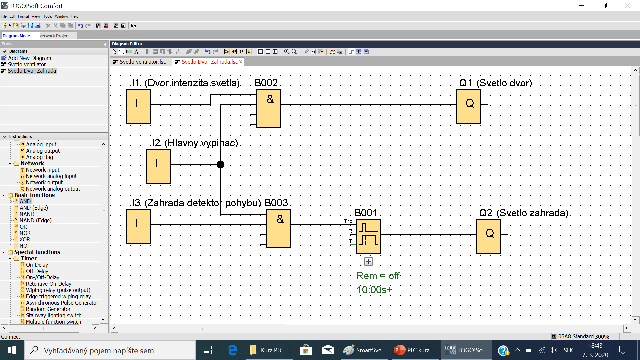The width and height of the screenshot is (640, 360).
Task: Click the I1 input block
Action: point(138,107)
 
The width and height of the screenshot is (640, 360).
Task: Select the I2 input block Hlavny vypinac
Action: point(158,166)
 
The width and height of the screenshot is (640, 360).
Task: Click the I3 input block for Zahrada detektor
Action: point(138,226)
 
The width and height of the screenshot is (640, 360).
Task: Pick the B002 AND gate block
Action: point(268,108)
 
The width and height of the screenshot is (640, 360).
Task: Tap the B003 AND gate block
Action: point(278,228)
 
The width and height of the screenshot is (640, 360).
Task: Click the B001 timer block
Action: point(368,236)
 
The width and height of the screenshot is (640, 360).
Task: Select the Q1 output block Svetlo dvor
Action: point(468,107)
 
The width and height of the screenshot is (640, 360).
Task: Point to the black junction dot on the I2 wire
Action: point(220,164)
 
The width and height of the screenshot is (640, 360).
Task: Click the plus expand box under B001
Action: point(369,262)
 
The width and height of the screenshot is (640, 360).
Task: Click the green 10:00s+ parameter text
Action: point(374,290)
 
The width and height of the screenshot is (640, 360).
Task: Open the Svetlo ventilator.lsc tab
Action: point(142,62)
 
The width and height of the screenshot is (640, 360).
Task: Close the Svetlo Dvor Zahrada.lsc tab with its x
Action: point(241,62)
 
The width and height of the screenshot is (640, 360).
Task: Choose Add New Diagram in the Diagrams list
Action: point(29,58)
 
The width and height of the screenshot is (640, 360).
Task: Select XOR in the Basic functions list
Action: point(25,239)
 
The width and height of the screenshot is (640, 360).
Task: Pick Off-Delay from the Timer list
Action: point(37,271)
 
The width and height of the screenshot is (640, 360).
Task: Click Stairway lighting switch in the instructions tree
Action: point(53,315)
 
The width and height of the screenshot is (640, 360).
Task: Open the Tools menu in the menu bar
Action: point(47,16)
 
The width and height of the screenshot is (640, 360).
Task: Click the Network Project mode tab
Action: point(55,36)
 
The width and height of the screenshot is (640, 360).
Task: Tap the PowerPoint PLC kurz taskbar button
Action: point(415,350)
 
